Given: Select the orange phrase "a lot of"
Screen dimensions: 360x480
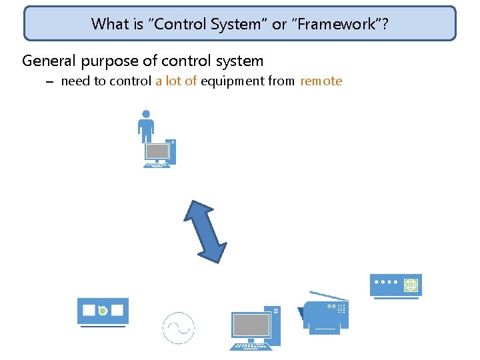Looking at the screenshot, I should [x=176, y=81].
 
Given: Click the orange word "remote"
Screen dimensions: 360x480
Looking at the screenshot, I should [x=321, y=81].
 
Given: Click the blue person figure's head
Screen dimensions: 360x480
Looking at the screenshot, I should [x=146, y=114].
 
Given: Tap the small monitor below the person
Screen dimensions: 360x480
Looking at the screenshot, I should [x=157, y=151].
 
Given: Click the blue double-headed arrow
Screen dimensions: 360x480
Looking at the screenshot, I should [x=205, y=231].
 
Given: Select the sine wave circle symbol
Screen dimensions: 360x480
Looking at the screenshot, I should [x=178, y=328].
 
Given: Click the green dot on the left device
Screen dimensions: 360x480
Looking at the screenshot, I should [x=103, y=311].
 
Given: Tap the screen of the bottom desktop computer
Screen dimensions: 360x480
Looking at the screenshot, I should [x=251, y=325].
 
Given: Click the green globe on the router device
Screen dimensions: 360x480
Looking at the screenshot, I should [x=411, y=285].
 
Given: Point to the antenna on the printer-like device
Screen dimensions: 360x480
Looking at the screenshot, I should [x=328, y=295].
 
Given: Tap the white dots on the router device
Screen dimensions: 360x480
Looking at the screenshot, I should [x=387, y=282].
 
